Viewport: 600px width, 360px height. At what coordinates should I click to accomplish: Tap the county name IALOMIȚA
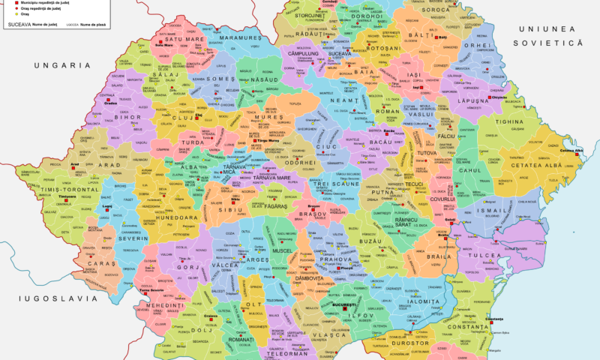[x=423, y=301]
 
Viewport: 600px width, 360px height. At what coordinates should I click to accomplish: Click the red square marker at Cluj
[x=198, y=118]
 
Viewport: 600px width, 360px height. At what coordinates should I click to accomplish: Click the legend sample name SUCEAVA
[x=25, y=25]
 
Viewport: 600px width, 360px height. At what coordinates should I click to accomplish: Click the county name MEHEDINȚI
[x=160, y=306]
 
